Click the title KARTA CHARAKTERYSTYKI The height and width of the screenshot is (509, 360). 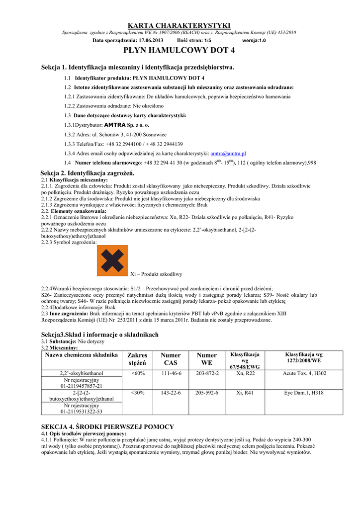click(x=180, y=25)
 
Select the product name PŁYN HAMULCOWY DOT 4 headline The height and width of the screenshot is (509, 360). click(x=180, y=51)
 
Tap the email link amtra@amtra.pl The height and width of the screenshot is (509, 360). click(x=229, y=154)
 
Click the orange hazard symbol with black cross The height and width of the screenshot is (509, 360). click(x=112, y=260)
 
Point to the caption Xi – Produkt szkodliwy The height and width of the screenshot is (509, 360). click(x=156, y=274)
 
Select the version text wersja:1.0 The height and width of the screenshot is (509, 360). click(x=254, y=40)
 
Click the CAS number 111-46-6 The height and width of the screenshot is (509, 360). click(x=171, y=373)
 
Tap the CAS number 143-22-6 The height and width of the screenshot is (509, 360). click(x=171, y=393)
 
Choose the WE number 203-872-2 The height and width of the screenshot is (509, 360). click(x=207, y=373)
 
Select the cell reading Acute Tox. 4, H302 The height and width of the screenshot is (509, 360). click(x=304, y=373)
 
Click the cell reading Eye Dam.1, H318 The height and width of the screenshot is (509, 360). click(x=304, y=393)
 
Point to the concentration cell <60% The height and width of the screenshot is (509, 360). click(x=138, y=373)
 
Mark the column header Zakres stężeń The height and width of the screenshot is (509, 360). click(x=138, y=359)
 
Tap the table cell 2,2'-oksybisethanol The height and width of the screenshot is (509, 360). click(x=82, y=373)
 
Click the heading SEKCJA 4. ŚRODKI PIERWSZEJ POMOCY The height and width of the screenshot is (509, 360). click(x=107, y=426)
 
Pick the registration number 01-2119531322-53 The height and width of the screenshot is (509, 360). click(x=82, y=412)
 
